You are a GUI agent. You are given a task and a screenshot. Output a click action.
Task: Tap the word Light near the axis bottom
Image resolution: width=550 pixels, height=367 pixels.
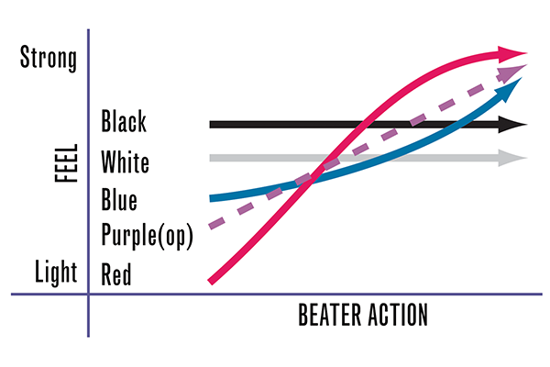pos(56,272)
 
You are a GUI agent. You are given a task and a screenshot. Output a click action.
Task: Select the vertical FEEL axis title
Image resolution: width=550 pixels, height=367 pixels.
pos(66,163)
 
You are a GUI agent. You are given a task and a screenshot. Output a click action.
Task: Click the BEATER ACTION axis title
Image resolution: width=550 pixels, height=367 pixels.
pos(363,315)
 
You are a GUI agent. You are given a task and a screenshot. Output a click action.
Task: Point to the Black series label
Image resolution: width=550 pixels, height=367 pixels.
pos(124,121)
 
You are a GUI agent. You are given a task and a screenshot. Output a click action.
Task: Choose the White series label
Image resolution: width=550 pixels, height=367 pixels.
pos(126,161)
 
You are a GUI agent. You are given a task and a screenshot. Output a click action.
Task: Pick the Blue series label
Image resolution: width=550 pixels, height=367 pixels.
pos(119,199)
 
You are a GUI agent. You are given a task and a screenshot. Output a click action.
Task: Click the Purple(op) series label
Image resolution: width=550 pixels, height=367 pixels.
pos(148,235)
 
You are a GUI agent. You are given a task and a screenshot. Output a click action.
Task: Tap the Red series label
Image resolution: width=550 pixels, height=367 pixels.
pos(116,274)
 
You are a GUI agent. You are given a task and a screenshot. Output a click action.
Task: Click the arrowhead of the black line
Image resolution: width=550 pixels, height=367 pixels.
pos(512,125)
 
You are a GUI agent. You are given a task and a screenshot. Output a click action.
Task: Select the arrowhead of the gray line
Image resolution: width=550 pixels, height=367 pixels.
pos(512,158)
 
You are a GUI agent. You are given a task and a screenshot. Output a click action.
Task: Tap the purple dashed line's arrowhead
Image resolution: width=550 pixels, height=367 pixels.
pos(512,72)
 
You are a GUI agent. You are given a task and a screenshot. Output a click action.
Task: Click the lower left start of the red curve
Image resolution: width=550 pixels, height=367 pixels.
pos(211,282)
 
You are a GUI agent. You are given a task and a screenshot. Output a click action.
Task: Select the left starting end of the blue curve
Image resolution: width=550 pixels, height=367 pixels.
pos(211,199)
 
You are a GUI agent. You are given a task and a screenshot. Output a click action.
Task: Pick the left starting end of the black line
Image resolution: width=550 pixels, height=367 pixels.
pos(211,125)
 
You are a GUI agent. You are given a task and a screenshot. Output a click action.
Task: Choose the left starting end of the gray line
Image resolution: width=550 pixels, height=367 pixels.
pos(211,158)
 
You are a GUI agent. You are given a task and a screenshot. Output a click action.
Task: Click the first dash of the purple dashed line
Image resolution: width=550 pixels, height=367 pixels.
pos(216,223)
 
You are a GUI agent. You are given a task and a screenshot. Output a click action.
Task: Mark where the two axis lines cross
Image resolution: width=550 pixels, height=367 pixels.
pos(88,294)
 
